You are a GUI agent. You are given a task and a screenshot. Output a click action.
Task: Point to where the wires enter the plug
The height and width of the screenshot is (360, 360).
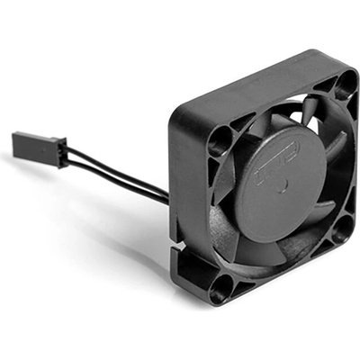[66, 154]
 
